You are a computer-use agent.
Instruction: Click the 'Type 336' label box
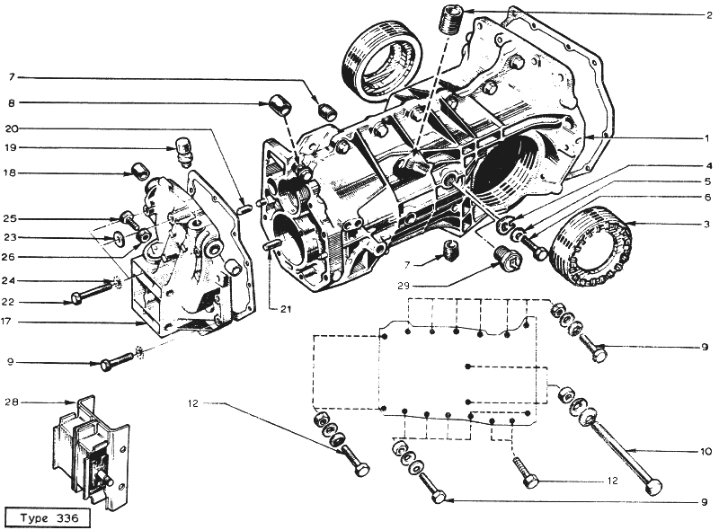48,518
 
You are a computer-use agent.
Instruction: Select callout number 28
11,402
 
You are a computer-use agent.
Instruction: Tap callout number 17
5,322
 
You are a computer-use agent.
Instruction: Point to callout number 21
286,310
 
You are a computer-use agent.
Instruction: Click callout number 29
404,286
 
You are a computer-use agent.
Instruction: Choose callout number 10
706,452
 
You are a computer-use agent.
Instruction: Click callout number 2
708,15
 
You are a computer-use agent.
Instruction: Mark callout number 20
12,128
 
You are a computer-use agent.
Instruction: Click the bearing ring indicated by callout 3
592,246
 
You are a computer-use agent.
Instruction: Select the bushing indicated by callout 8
280,105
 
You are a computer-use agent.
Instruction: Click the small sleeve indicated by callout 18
140,172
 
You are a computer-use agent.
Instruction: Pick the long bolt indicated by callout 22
93,294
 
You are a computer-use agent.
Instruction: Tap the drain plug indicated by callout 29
508,261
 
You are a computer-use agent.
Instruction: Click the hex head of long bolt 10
653,487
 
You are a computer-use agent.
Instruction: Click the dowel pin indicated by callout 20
245,208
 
